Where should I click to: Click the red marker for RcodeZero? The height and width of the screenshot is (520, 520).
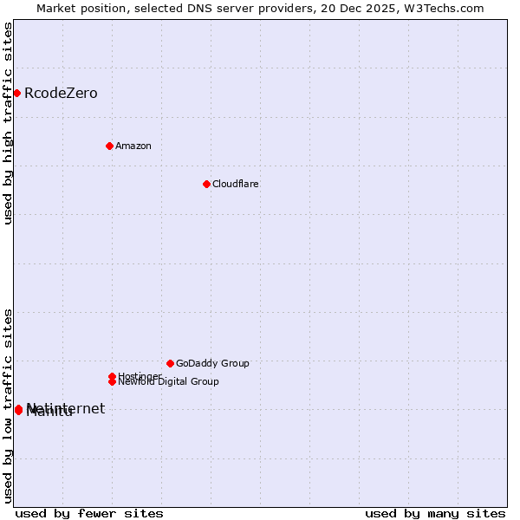(x=16, y=93)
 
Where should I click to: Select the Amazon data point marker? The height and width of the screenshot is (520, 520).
(x=109, y=146)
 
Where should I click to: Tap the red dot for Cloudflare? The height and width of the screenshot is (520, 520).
(x=206, y=184)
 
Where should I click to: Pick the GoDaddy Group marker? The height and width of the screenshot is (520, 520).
(x=170, y=363)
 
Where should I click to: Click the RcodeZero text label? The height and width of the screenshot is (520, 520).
(x=61, y=93)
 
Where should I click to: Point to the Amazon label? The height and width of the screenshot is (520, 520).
(x=133, y=146)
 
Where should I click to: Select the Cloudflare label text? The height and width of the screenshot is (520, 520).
(x=236, y=184)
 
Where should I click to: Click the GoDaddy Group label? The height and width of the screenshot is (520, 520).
(x=212, y=363)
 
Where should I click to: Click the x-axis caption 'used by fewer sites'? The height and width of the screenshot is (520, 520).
(x=89, y=513)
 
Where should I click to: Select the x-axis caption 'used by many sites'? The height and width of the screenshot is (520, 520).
(x=435, y=513)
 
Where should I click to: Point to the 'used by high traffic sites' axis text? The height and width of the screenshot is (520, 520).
(x=8, y=123)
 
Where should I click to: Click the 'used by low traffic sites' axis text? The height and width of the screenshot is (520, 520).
(x=8, y=405)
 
